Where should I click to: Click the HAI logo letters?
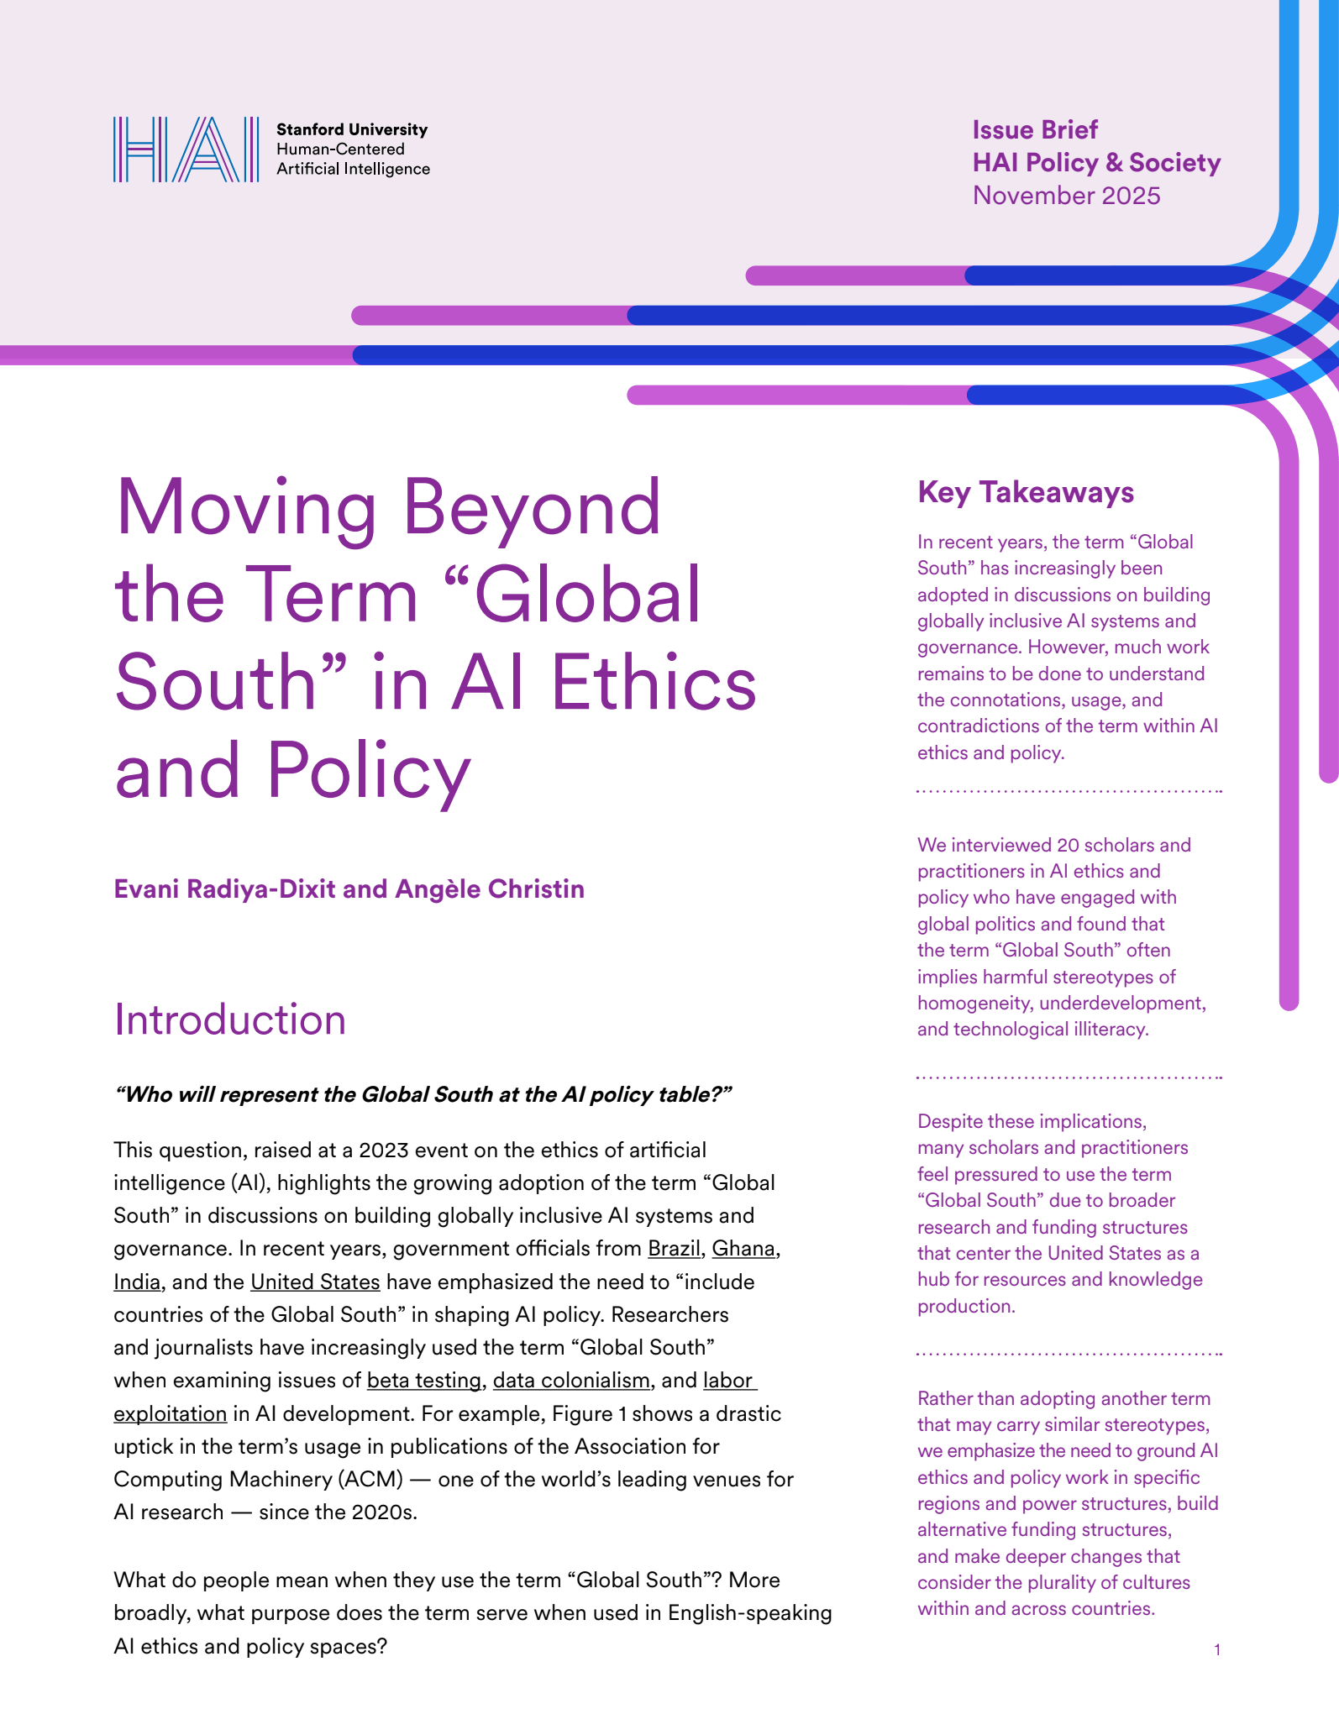[186, 149]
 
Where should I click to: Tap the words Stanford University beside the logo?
[352, 129]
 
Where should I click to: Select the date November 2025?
[1066, 196]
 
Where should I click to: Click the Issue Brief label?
[1035, 130]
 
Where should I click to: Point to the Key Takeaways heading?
[1026, 492]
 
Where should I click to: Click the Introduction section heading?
[230, 1020]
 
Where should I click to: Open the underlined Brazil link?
[674, 1249]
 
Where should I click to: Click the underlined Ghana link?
[743, 1249]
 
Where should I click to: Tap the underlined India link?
[137, 1282]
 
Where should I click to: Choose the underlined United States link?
[315, 1282]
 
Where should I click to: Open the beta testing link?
[424, 1381]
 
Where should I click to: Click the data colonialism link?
[571, 1381]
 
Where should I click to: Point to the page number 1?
[1217, 1650]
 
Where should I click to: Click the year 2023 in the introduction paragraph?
[383, 1150]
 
